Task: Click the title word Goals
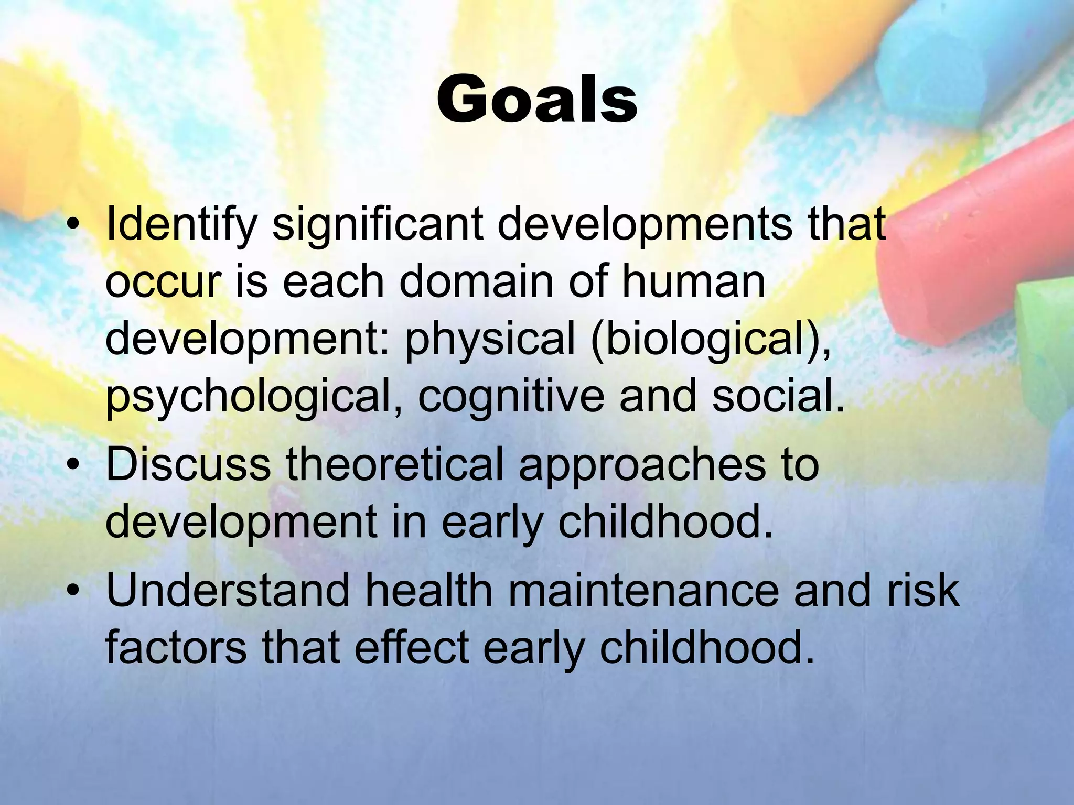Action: [536, 100]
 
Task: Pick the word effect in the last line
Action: [411, 648]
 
